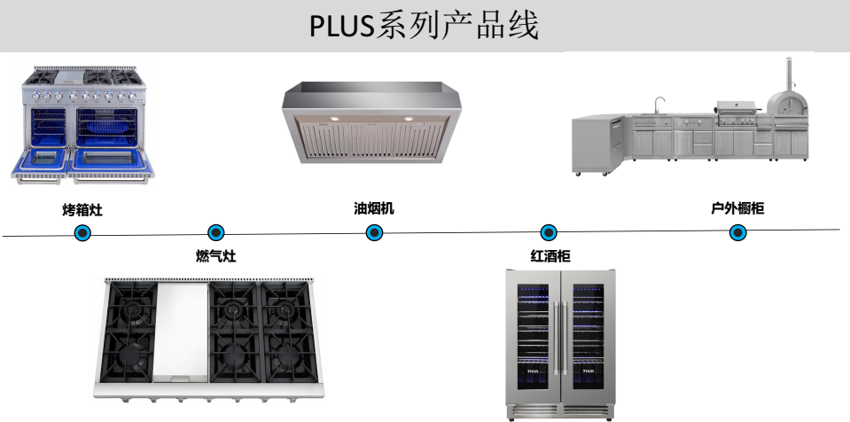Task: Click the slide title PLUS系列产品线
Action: click(424, 26)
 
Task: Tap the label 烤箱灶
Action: click(82, 211)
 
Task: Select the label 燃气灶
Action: click(215, 256)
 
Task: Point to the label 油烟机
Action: click(374, 209)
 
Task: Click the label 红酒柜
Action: click(550, 256)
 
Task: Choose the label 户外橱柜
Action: click(737, 209)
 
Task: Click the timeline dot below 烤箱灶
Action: click(82, 233)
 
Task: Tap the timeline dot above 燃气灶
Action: click(215, 233)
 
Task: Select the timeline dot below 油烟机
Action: click(374, 233)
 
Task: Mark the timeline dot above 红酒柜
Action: click(549, 233)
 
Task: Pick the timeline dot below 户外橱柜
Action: click(737, 233)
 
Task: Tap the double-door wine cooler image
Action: click(560, 342)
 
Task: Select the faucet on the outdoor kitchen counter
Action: click(659, 105)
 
